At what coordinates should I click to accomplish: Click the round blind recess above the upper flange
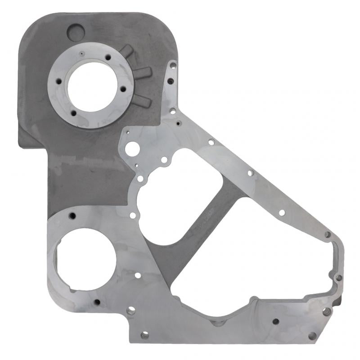coord(76,31)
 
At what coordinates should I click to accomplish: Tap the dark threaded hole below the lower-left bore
coord(96,302)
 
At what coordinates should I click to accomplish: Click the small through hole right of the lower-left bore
coord(138,275)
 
